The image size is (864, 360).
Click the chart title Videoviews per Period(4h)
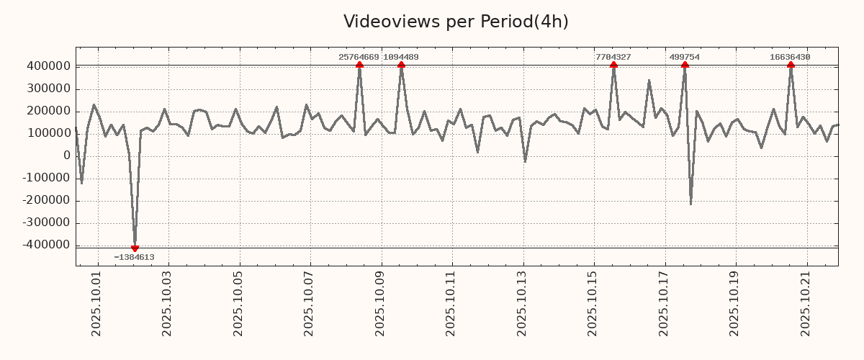(456, 22)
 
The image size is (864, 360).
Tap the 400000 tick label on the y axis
(48, 66)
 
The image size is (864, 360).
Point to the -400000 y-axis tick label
(45, 246)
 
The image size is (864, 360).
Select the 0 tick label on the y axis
(67, 156)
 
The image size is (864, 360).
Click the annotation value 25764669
(359, 57)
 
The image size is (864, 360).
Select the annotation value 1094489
(401, 57)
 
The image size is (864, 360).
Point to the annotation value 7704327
(613, 57)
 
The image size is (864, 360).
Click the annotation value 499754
(684, 57)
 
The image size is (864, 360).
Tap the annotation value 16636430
(790, 57)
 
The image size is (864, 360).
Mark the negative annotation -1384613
(134, 257)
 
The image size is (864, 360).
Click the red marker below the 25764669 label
(359, 65)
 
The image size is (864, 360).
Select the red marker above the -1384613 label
(135, 248)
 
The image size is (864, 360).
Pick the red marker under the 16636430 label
(791, 65)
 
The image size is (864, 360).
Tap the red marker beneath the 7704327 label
(613, 65)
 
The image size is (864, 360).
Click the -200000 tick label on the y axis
(45, 201)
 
